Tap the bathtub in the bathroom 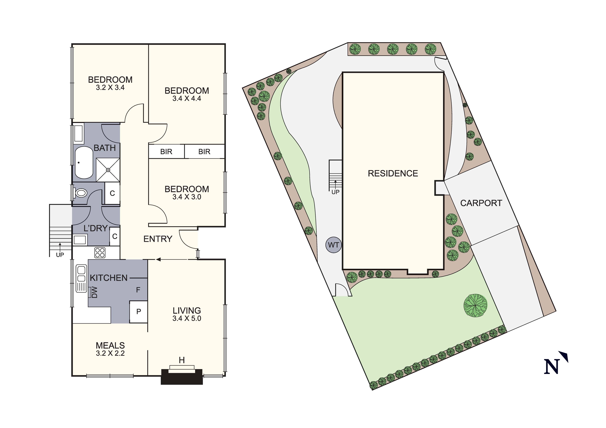point(84,163)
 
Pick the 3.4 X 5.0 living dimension point(187,318)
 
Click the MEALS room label point(110,345)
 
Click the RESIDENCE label point(393,173)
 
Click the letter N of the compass point(552,366)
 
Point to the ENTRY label point(158,239)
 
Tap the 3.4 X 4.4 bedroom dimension point(187,99)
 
